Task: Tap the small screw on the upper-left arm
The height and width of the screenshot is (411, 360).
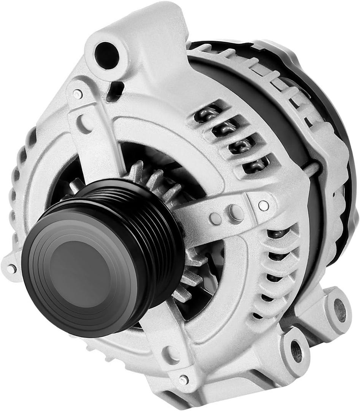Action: pos(78,94)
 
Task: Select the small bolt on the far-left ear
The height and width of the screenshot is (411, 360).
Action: pos(11,269)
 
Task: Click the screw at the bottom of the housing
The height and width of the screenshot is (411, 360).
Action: pos(183,379)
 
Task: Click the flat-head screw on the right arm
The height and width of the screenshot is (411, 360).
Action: pos(263,205)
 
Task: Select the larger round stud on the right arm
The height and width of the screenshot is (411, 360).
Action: pos(235,212)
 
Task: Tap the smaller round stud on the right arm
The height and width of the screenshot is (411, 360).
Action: pos(216,218)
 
